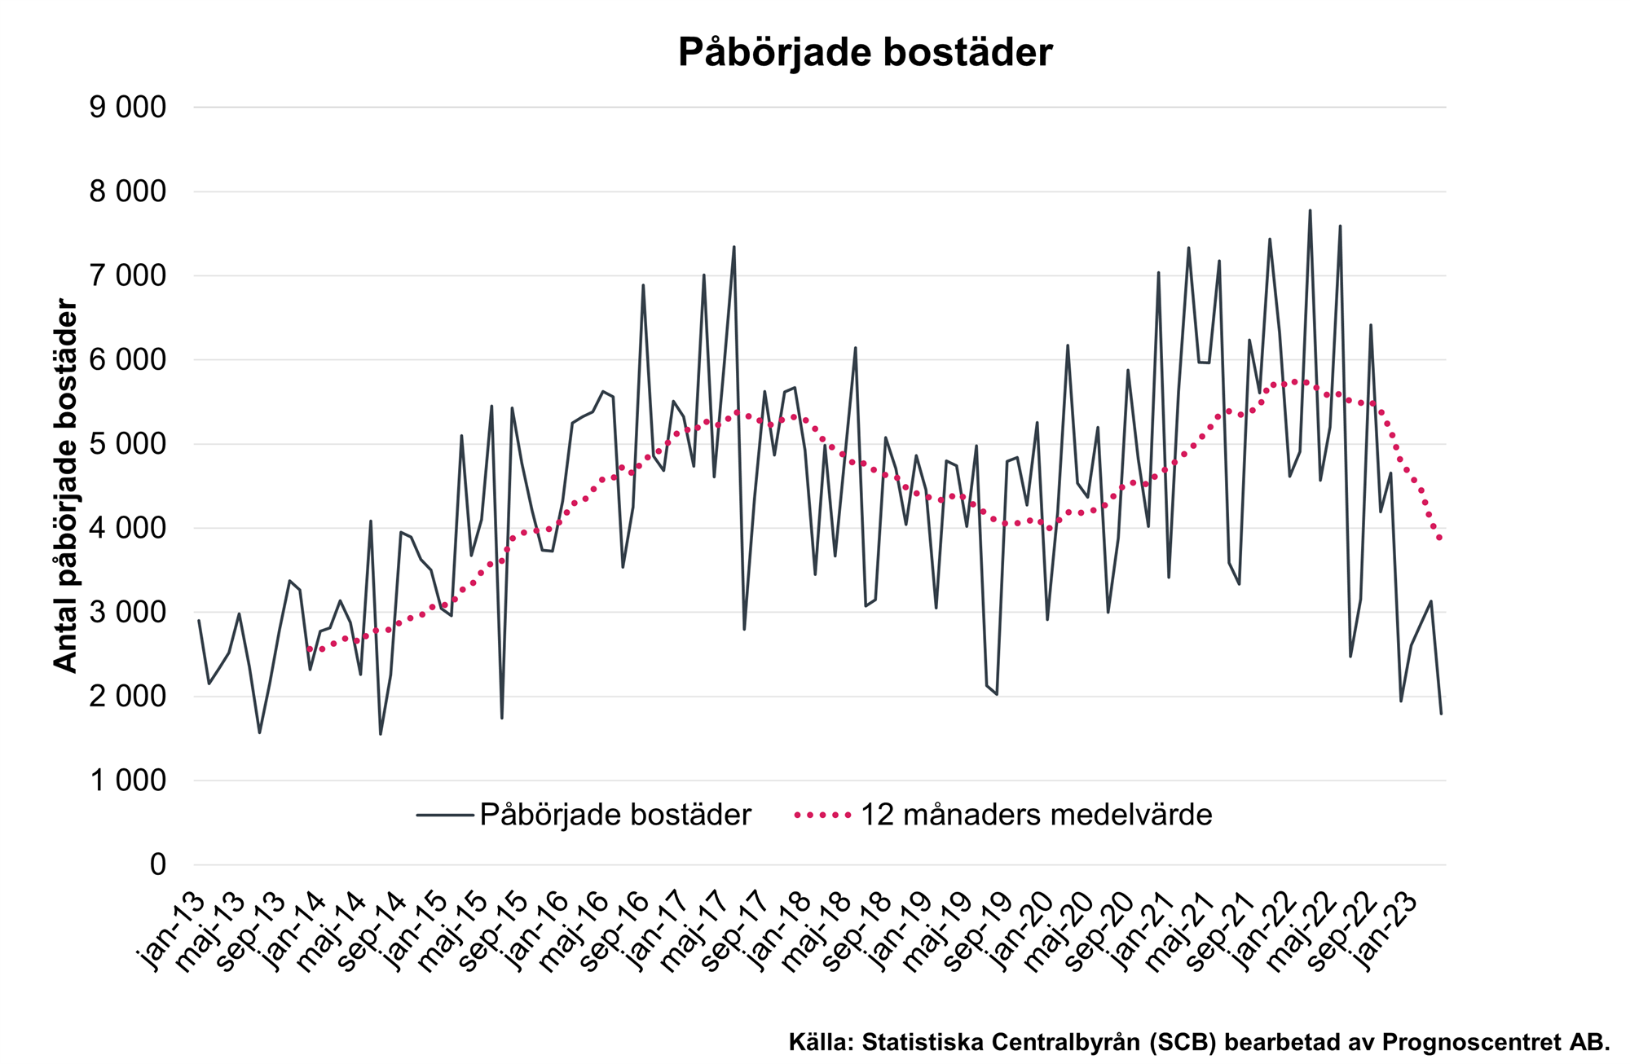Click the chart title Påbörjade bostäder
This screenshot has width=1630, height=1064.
pos(865,52)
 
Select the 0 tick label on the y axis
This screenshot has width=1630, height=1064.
pos(157,864)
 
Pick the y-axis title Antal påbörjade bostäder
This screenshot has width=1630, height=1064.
pos(65,486)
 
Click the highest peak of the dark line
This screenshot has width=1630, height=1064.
pos(1310,210)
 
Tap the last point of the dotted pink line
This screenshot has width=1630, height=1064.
pos(1441,539)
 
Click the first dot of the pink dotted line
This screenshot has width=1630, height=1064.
pos(309,649)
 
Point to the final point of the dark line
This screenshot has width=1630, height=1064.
pos(1441,714)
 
